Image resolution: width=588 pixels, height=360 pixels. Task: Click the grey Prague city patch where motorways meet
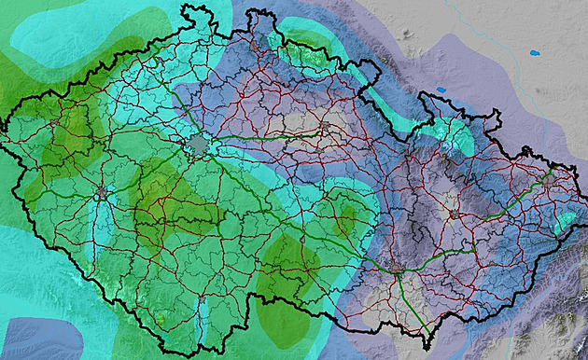pyautogui.click(x=199, y=145)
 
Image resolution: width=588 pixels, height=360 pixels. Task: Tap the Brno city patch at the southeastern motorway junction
pyautogui.click(x=399, y=270)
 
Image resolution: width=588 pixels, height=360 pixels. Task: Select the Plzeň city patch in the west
pyautogui.click(x=101, y=193)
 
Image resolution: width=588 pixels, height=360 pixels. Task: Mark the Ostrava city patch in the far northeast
pyautogui.click(x=549, y=174)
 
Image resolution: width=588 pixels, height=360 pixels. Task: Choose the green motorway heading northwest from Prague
pyautogui.click(x=177, y=104)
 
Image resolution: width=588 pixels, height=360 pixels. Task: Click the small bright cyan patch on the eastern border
pyautogui.click(x=564, y=222)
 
